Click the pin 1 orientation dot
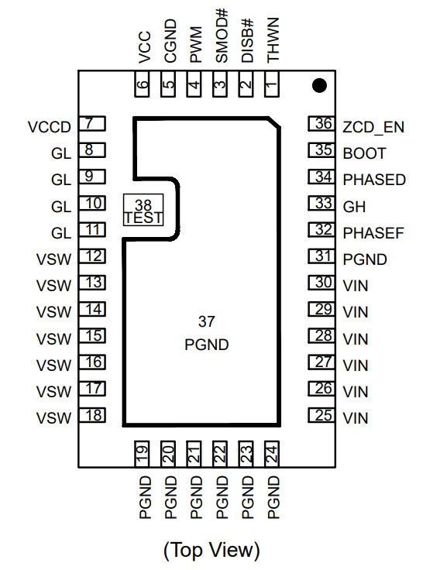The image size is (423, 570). (x=319, y=85)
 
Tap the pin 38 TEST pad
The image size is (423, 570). (x=143, y=210)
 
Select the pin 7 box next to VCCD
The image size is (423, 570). (x=92, y=124)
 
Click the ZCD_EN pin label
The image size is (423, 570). (x=373, y=127)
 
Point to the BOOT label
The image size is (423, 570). (x=364, y=153)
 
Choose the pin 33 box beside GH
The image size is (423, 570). (x=322, y=203)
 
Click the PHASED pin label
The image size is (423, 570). (x=374, y=180)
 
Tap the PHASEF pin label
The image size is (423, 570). (x=373, y=233)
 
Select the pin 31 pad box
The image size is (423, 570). (x=322, y=256)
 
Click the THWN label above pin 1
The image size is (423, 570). (x=273, y=40)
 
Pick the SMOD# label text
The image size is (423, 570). (x=221, y=36)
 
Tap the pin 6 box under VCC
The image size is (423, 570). (x=143, y=84)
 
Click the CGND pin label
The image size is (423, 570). (x=170, y=41)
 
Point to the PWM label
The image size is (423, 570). (x=196, y=44)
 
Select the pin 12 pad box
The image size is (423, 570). (x=92, y=256)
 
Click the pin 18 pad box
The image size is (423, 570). (x=92, y=415)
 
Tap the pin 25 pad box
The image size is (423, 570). (x=322, y=415)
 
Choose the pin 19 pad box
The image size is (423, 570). (x=143, y=454)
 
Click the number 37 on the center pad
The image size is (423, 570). (x=206, y=321)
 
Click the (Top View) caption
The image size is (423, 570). (x=211, y=550)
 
